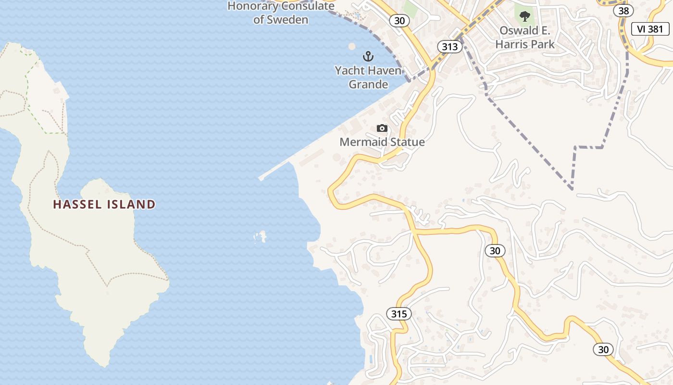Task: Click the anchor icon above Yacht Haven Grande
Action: point(368,57)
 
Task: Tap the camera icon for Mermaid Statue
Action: point(382,128)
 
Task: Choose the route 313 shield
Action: point(449,47)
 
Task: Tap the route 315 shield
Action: point(399,314)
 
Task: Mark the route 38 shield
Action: point(623,11)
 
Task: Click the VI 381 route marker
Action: point(650,29)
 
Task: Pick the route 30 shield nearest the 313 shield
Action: point(399,21)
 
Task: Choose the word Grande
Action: point(368,84)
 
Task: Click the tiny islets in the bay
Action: point(261,237)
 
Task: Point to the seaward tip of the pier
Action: point(261,178)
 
